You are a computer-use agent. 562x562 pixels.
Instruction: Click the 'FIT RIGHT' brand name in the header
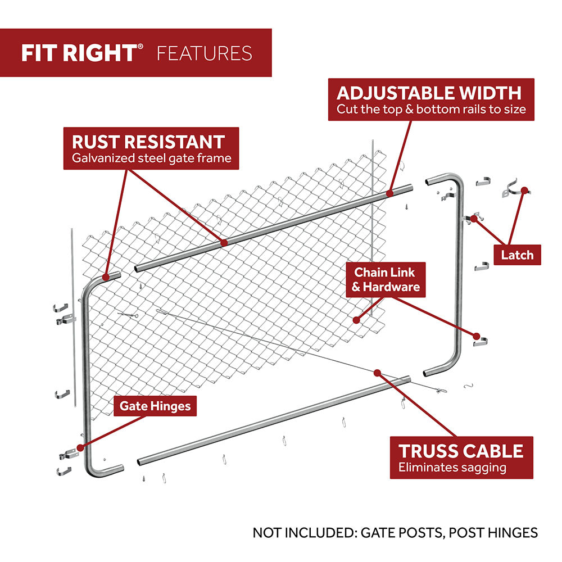79,53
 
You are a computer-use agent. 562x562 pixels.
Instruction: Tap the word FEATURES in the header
205,53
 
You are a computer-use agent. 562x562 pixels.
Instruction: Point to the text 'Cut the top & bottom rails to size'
431,109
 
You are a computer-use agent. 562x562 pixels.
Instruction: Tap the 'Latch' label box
517,255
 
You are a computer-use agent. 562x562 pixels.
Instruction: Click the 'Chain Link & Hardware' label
386,279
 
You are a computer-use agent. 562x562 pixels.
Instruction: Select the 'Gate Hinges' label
155,405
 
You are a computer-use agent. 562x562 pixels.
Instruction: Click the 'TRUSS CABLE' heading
461,450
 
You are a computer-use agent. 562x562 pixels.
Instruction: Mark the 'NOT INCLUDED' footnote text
395,532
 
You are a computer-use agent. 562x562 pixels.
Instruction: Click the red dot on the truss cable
377,372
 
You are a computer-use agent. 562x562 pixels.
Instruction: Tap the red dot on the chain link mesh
356,320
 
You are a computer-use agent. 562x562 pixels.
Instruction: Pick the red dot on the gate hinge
80,448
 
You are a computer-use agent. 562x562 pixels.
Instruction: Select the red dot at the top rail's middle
224,243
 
